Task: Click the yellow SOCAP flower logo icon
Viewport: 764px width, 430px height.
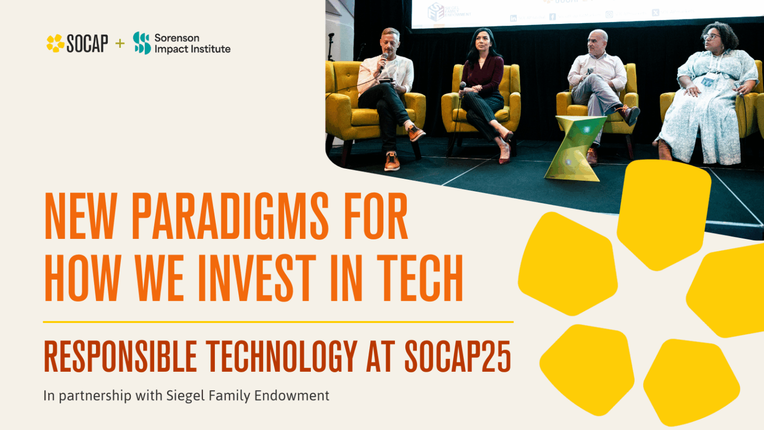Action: pyautogui.click(x=55, y=43)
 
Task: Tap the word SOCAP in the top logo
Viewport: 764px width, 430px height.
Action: pyautogui.click(x=88, y=44)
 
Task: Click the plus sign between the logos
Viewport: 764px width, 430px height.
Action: pyautogui.click(x=120, y=43)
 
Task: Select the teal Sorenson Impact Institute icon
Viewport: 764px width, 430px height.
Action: pyautogui.click(x=142, y=43)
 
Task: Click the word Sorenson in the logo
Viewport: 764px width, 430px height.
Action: pyautogui.click(x=177, y=38)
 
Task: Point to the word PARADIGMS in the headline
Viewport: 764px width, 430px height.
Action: pyautogui.click(x=230, y=216)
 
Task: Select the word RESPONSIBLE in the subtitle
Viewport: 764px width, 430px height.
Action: pyautogui.click(x=120, y=356)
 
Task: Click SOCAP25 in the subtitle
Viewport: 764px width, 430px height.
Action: pyautogui.click(x=458, y=356)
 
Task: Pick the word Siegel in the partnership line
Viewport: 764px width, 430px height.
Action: pyautogui.click(x=185, y=396)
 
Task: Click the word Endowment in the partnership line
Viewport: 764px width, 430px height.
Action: pyautogui.click(x=291, y=396)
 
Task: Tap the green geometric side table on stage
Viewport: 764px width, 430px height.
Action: pyautogui.click(x=574, y=147)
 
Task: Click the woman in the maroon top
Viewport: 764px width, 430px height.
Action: pyautogui.click(x=481, y=85)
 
